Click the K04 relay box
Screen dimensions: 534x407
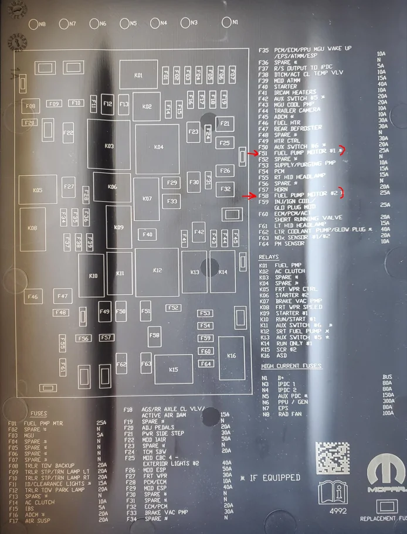coord(158,147)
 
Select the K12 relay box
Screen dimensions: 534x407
coord(157,270)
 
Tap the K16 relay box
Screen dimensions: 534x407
coord(231,356)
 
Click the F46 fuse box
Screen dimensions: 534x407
coord(32,297)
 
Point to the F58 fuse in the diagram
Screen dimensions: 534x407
coord(154,336)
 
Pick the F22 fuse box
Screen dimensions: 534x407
coord(68,133)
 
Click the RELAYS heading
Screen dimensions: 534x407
coord(269,257)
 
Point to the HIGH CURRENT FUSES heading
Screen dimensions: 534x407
coord(291,366)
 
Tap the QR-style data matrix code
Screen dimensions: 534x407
coord(333,457)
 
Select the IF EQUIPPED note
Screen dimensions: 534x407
coord(270,478)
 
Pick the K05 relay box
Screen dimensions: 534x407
coord(38,191)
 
